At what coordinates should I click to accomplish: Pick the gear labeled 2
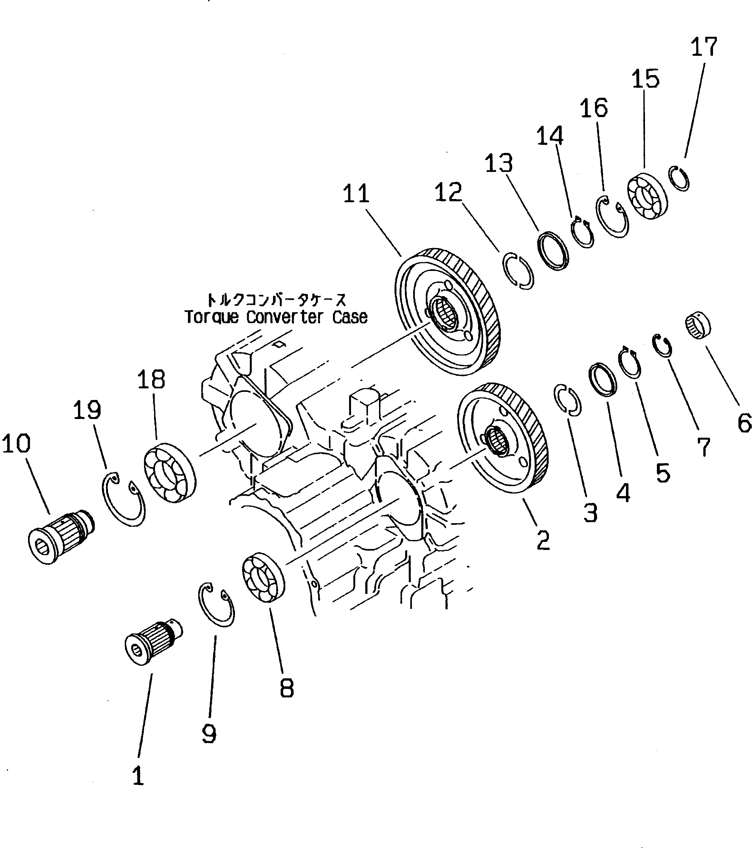[504, 438]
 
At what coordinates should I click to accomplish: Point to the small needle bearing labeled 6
[698, 325]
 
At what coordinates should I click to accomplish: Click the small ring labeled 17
[680, 178]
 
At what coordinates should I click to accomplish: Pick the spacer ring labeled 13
[553, 251]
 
